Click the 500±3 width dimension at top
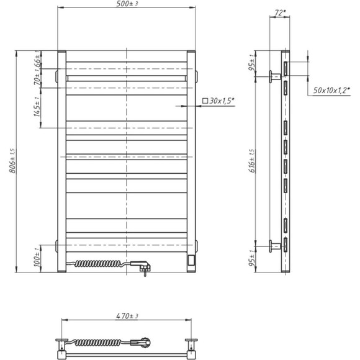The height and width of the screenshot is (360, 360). [127, 4]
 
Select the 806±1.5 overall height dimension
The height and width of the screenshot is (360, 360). [12, 161]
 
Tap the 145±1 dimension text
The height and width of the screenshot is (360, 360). [37, 107]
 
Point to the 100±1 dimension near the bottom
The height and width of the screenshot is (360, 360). [37, 257]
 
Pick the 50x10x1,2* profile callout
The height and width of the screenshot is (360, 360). [331, 90]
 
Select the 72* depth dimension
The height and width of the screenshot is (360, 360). [280, 13]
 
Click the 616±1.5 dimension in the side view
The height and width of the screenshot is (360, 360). [252, 161]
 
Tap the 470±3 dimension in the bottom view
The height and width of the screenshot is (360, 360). [127, 316]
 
